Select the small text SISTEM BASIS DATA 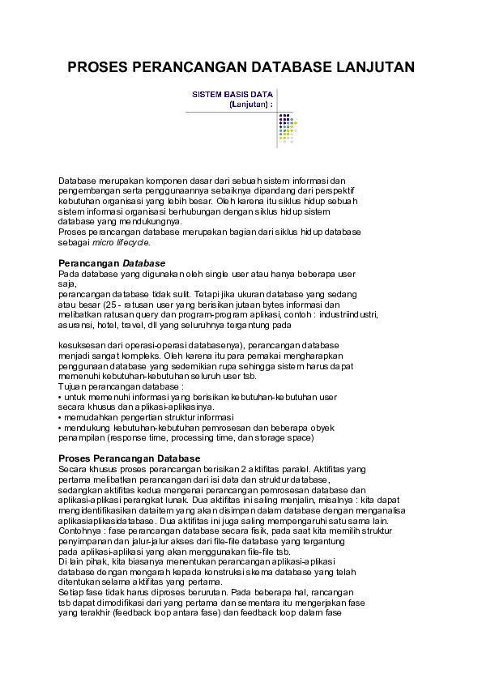click(231, 95)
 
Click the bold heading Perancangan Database click(112, 263)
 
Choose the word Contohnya click(80, 532)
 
